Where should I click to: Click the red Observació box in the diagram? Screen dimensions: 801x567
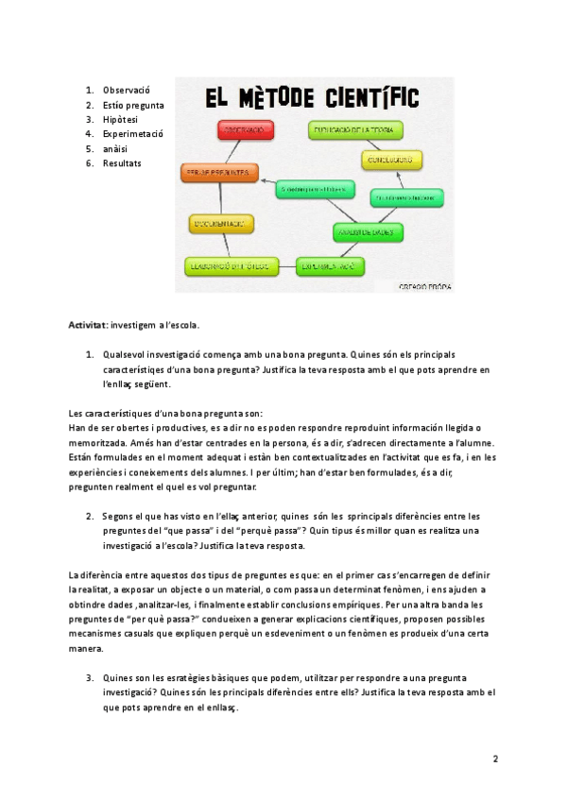[x=245, y=130]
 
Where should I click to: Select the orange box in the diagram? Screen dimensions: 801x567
[x=217, y=173]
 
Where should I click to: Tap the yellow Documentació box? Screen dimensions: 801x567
[x=220, y=224]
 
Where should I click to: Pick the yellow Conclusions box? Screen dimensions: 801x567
[x=389, y=160]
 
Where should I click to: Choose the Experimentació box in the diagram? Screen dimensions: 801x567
[x=329, y=267]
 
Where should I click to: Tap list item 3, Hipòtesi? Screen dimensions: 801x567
[x=120, y=119]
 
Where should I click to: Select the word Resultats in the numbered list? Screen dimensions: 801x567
[x=122, y=163]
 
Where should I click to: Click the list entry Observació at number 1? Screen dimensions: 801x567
[x=127, y=90]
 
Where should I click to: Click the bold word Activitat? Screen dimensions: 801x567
[x=88, y=325]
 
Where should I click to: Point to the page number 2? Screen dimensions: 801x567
[x=495, y=758]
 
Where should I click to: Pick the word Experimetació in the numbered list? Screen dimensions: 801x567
[x=133, y=134]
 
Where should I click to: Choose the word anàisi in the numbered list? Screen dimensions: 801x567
[x=117, y=148]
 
